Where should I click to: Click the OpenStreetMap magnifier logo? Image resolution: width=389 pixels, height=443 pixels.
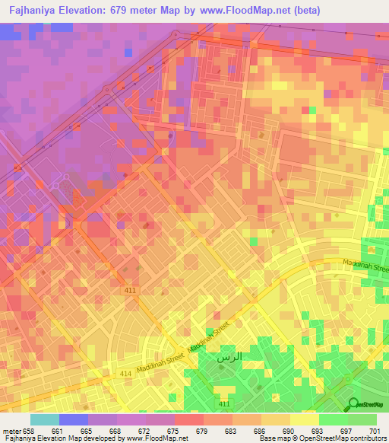(x=353, y=404)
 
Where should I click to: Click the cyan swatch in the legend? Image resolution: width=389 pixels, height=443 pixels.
(x=45, y=419)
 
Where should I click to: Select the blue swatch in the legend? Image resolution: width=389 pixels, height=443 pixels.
(x=74, y=419)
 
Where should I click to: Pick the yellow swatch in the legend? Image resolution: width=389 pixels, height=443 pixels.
(x=304, y=419)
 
